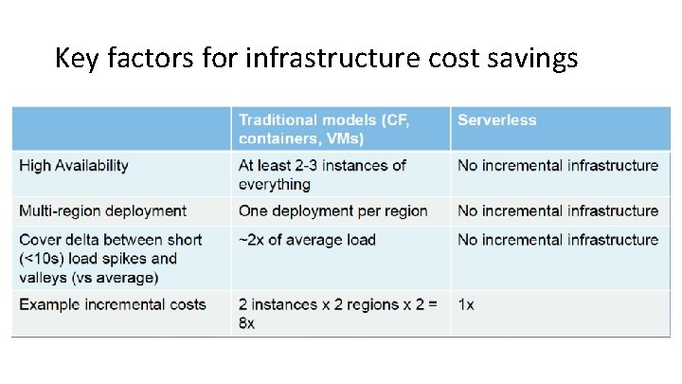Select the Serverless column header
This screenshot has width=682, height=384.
tap(496, 119)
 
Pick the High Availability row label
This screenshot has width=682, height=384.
tap(74, 165)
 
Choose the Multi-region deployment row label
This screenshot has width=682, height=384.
tap(102, 210)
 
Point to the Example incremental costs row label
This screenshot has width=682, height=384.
tap(112, 304)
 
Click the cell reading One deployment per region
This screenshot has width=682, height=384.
tap(332, 210)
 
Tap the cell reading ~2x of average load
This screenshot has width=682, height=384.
tap(307, 239)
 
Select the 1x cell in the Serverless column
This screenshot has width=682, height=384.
tap(467, 304)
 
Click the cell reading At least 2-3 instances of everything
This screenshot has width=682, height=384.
tap(322, 174)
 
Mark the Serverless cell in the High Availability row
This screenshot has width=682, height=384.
tap(557, 165)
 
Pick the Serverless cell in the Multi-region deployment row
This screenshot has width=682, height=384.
tap(557, 210)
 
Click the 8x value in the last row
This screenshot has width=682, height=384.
tap(247, 323)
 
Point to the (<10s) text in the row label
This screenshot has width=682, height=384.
tap(42, 258)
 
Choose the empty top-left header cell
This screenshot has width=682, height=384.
tap(121, 128)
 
